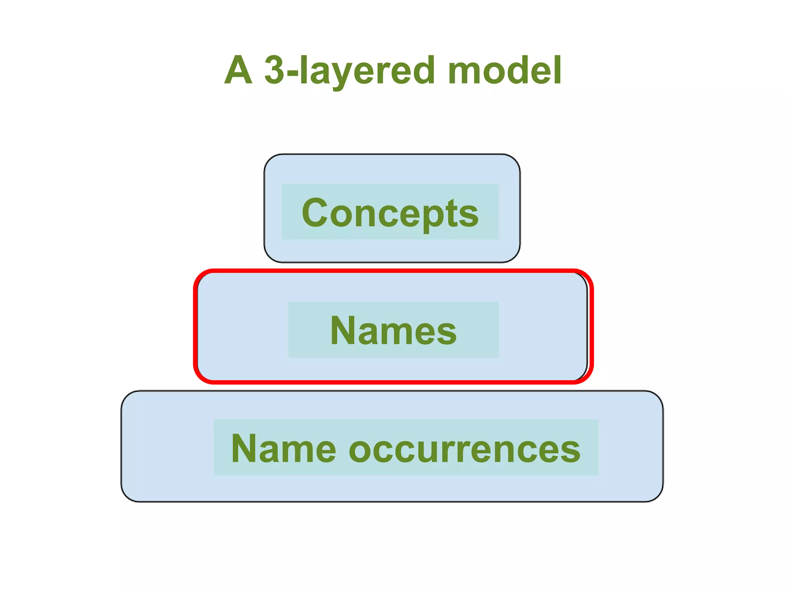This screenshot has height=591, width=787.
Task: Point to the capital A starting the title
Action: [x=238, y=70]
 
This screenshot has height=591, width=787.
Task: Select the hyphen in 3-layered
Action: [x=292, y=73]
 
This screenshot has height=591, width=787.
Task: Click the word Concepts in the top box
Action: [x=390, y=213]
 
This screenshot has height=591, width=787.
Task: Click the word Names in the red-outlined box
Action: [x=393, y=331]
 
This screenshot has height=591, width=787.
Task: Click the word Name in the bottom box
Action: [x=284, y=448]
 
